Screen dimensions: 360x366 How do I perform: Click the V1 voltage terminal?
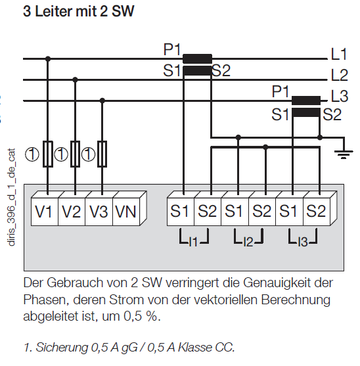45,212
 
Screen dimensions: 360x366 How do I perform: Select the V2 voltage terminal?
72,212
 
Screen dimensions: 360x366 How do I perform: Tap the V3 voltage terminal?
99,212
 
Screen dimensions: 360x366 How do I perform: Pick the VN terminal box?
126,212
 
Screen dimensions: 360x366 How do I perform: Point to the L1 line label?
339,54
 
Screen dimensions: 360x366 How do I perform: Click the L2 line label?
340,75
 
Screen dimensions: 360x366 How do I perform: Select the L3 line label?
340,96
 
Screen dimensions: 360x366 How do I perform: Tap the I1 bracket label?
193,242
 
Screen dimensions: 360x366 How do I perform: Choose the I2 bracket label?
248,242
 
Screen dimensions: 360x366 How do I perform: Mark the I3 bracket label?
303,242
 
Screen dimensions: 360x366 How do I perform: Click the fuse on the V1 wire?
48,154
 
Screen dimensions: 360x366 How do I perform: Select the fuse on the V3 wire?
102,154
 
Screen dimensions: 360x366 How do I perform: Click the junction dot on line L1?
48,58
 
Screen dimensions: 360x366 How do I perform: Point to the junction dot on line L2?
75,80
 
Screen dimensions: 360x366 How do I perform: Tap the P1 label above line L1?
172,49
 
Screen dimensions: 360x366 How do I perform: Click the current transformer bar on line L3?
306,101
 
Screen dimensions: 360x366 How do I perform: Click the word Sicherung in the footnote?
62,348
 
